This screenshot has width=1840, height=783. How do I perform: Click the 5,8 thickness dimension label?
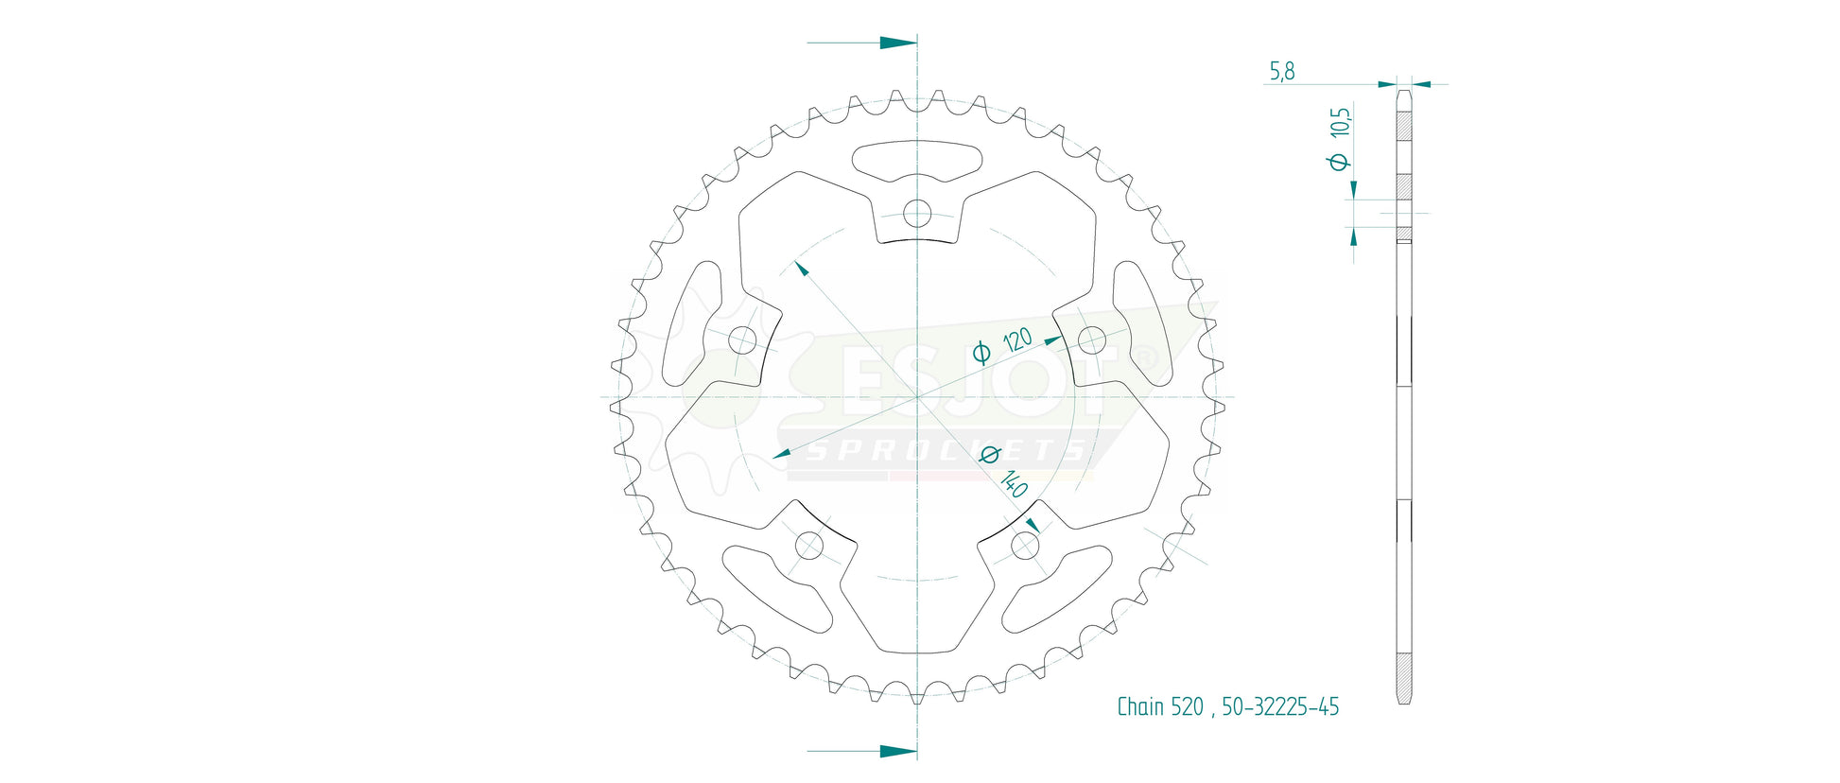[x=1282, y=71]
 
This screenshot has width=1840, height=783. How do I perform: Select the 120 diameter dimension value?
[x=1017, y=339]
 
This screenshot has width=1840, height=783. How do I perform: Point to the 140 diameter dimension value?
[x=1014, y=484]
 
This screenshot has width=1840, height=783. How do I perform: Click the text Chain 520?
[x=1160, y=706]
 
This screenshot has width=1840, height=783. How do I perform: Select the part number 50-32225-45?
[x=1280, y=706]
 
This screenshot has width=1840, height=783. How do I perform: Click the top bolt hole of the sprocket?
[x=917, y=214]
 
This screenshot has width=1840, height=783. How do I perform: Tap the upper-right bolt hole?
[x=1092, y=340]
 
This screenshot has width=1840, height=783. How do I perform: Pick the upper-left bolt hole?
[x=743, y=340]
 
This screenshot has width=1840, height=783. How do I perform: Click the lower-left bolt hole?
[x=809, y=546]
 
